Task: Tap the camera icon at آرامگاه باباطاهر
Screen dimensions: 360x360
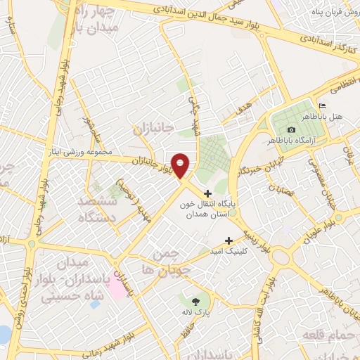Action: (291, 129)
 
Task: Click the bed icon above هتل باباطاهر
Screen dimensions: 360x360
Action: (323, 105)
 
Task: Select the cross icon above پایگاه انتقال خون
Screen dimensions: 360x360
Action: (207, 193)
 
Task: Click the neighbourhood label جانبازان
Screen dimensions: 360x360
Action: (151, 129)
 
